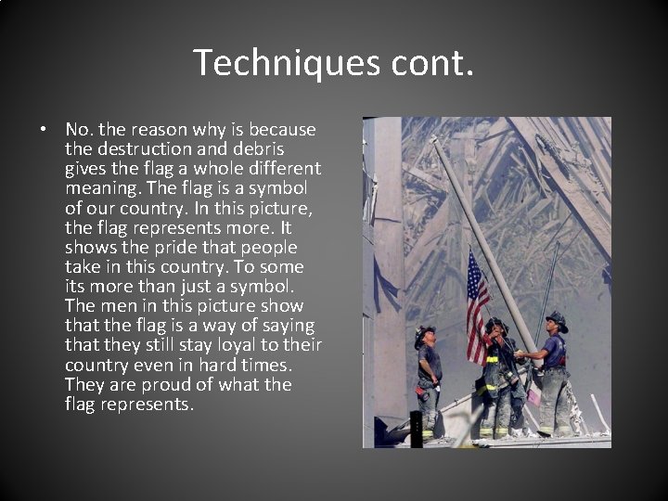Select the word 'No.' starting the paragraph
coord(79,130)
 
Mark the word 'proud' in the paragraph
coord(151,384)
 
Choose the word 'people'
coord(269,248)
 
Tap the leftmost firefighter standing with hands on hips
coord(429,380)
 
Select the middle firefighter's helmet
coord(496,325)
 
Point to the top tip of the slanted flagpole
coord(433,139)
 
